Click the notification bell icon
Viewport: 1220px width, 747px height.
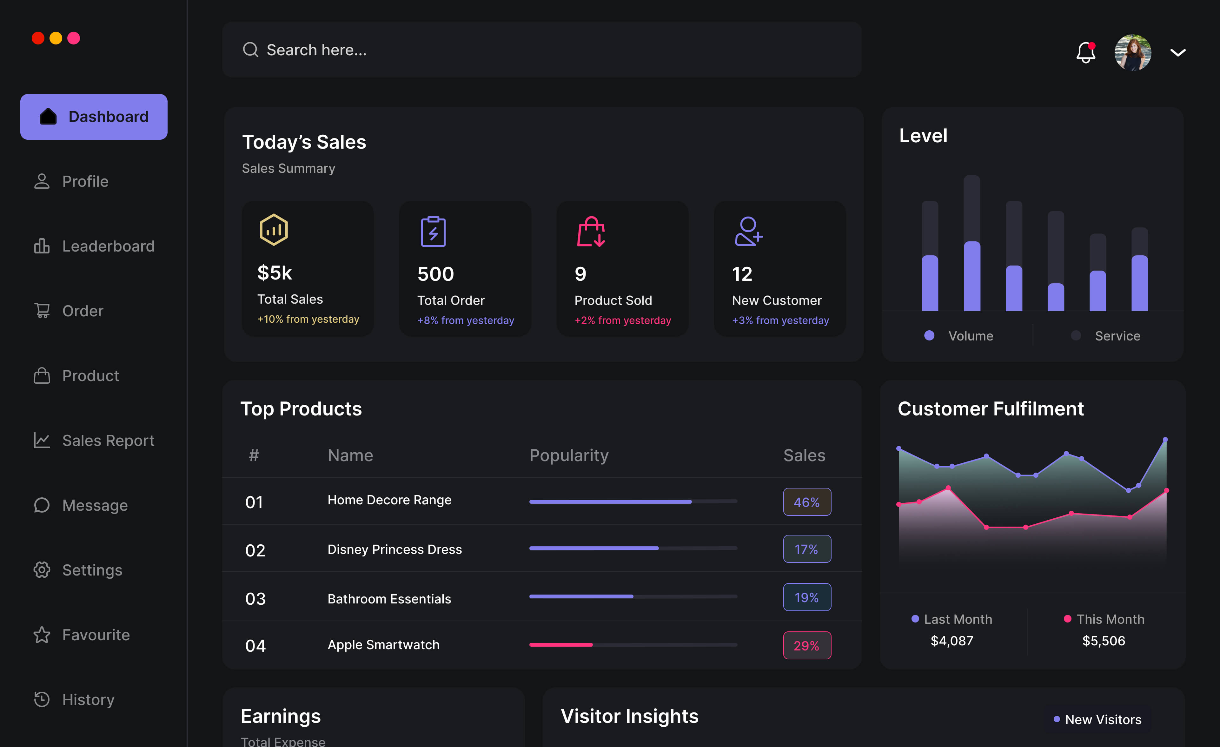click(x=1085, y=52)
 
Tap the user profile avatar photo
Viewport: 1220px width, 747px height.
click(x=1132, y=52)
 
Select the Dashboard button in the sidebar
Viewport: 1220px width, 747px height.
click(x=94, y=117)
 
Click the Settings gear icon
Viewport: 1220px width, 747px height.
click(x=42, y=570)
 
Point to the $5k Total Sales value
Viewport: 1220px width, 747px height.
click(x=275, y=273)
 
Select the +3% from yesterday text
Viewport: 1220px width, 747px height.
click(x=780, y=320)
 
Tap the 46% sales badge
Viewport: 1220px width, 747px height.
click(x=806, y=502)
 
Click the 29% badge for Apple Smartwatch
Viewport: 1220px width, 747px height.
click(x=806, y=645)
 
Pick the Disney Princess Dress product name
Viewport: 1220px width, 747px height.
click(x=395, y=549)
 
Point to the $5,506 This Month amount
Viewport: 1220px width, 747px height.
click(x=1104, y=641)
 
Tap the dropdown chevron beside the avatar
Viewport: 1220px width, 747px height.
click(x=1177, y=52)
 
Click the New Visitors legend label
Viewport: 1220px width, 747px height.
click(x=1103, y=720)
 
